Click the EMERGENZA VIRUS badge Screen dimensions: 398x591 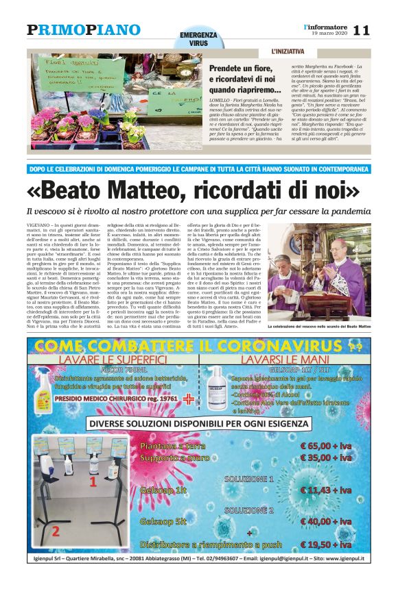click(x=198, y=39)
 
